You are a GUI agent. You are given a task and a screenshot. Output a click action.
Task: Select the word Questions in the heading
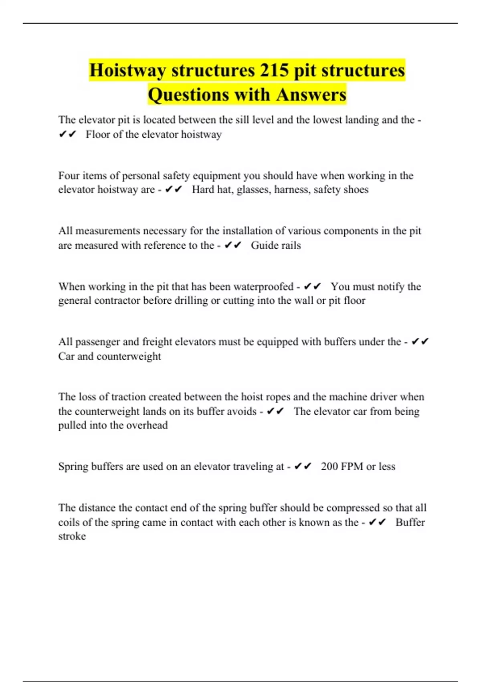point(188,95)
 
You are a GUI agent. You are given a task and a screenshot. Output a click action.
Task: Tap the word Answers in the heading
point(311,95)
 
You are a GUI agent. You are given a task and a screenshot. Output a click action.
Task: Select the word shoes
point(356,190)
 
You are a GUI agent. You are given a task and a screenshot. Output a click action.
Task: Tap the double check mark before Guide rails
point(233,245)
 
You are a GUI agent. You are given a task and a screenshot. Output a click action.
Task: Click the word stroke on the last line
point(72,536)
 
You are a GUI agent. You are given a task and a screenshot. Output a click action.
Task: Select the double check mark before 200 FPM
point(303,467)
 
